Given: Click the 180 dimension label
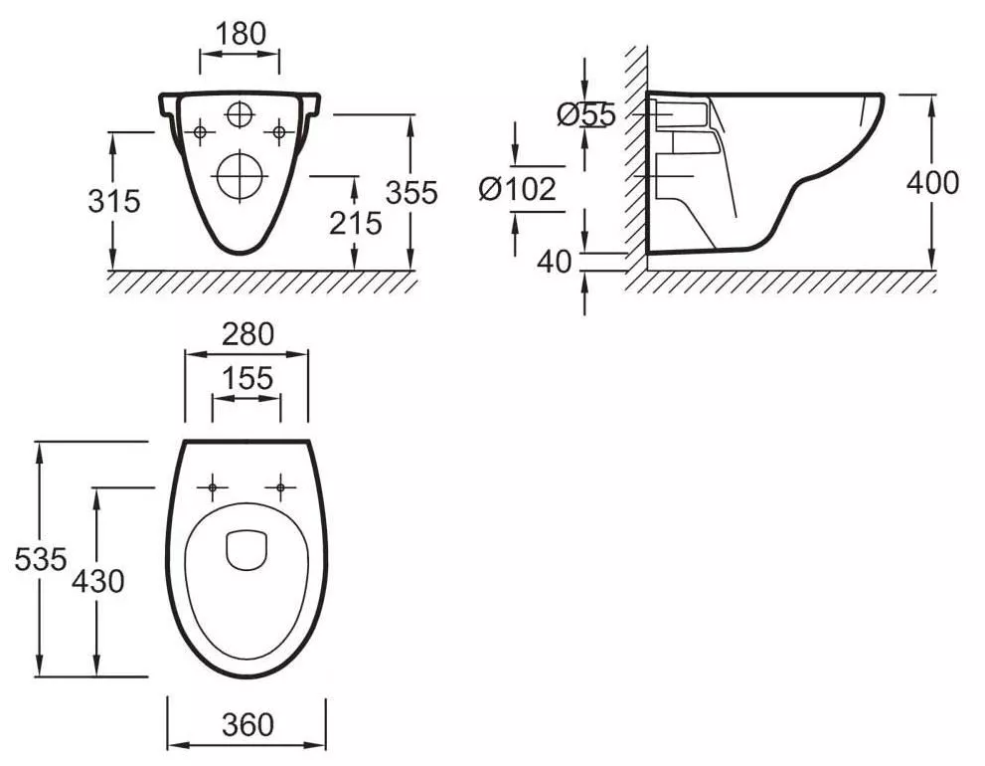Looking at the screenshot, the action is [x=241, y=34].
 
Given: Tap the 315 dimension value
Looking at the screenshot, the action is [x=113, y=201].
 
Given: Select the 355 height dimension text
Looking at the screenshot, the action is [x=411, y=192].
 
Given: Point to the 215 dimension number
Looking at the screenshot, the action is [x=356, y=223].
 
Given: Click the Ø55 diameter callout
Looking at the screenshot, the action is [x=586, y=114].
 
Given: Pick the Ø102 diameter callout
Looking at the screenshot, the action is [x=518, y=189].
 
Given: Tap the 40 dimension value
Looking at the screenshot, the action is [x=554, y=262].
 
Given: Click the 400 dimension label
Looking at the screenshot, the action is [x=933, y=182].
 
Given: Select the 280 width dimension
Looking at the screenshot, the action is [x=247, y=334].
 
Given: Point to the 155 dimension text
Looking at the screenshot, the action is [x=248, y=378].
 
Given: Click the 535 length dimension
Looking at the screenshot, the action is [x=40, y=558].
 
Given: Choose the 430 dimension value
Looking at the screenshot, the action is [x=98, y=581].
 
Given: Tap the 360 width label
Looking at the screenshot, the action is [x=247, y=724].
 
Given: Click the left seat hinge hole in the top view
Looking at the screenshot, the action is [x=213, y=487].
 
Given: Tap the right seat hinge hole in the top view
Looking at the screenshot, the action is [x=281, y=487].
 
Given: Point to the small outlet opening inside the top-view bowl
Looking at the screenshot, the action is [x=246, y=551].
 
